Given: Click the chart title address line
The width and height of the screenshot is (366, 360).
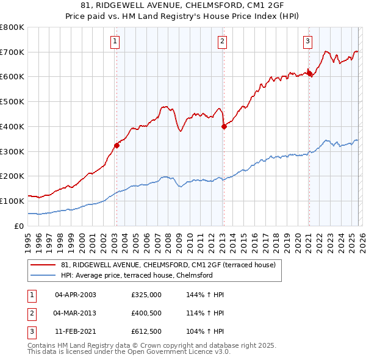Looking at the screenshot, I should point(182,5).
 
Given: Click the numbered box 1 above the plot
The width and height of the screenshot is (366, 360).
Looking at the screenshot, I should point(115,41).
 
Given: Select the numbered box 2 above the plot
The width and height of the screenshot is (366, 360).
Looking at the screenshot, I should point(222,41).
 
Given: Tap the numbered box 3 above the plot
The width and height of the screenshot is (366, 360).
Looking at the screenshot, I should point(308,41).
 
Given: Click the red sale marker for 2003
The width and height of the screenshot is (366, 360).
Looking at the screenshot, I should point(117,145).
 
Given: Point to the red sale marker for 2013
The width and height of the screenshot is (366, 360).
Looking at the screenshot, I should point(223,126).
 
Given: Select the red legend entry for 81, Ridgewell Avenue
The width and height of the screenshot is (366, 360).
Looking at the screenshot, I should point(169,265).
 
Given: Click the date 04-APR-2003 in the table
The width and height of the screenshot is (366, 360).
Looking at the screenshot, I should point(76,295).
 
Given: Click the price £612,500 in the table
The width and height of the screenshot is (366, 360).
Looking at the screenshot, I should point(146,333).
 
